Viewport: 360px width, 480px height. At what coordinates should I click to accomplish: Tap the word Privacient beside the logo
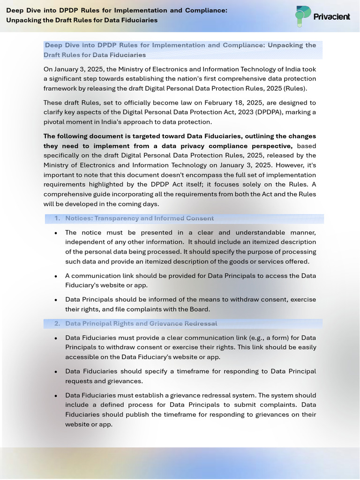pyautogui.click(x=332, y=17)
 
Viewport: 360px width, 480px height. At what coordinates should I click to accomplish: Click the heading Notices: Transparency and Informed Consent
pyautogui.click(x=139, y=218)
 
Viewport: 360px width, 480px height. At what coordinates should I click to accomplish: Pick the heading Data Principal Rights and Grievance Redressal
pyautogui.click(x=141, y=324)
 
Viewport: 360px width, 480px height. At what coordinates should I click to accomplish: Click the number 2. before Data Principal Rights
pyautogui.click(x=57, y=324)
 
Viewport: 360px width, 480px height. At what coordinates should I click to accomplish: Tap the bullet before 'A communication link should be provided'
pyautogui.click(x=56, y=276)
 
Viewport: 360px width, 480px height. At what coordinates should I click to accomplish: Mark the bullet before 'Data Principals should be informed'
pyautogui.click(x=56, y=300)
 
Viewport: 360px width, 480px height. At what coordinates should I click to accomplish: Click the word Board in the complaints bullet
pyautogui.click(x=199, y=309)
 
